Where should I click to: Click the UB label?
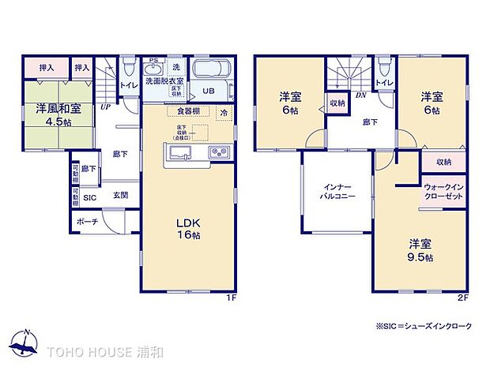tap(208, 91)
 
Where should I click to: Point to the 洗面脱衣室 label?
tap(164, 81)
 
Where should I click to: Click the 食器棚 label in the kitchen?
tap(188, 111)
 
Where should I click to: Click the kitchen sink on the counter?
tap(177, 152)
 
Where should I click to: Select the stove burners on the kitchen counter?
tap(218, 152)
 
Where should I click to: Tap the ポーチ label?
tap(88, 222)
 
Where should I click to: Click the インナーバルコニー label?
tap(337, 194)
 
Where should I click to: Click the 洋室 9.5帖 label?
tap(420, 249)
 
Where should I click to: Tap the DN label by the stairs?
tap(360, 94)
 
